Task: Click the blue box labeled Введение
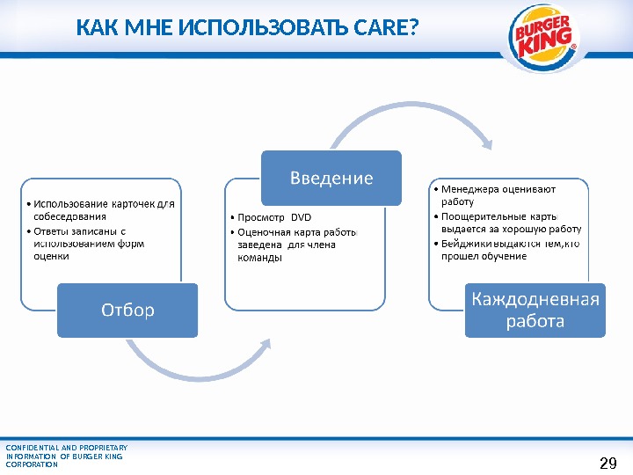point(331,178)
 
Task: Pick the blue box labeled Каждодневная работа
point(535,310)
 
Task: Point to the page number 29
point(608,463)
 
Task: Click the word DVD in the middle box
point(302,217)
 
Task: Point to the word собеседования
point(69,216)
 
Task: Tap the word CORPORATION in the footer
point(32,464)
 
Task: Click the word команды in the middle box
point(259,259)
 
